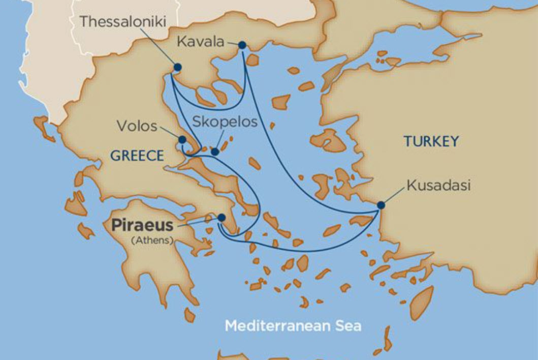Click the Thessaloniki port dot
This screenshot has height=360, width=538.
[x=177, y=67]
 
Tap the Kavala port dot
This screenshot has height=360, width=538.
[x=242, y=45]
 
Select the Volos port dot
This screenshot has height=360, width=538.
[x=182, y=139]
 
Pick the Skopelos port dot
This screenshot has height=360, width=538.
[x=215, y=152]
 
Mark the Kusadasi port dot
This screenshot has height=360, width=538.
[x=381, y=205]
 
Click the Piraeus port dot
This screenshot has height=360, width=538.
[x=221, y=218]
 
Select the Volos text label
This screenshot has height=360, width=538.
[x=137, y=126]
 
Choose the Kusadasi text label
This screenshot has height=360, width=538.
[x=438, y=186]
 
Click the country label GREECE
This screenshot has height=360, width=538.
[x=137, y=156]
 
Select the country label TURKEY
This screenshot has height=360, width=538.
[x=431, y=141]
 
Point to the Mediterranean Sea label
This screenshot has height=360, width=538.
[x=293, y=325]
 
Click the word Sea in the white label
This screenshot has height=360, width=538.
[x=347, y=325]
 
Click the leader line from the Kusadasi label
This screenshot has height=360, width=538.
[x=394, y=196]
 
